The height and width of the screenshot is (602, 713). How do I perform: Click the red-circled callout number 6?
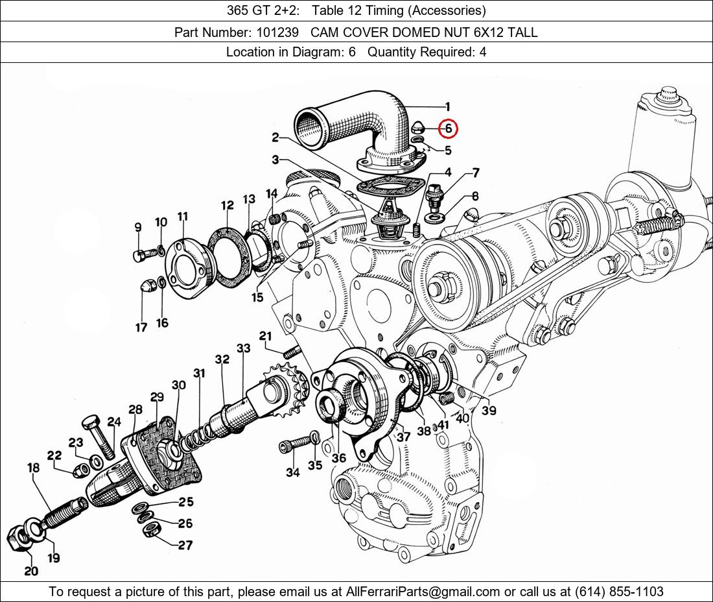tap(448, 128)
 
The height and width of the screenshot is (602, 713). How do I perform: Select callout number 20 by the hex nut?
tap(31, 571)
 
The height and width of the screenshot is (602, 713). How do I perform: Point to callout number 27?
tap(185, 545)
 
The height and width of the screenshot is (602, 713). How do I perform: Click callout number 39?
tap(489, 411)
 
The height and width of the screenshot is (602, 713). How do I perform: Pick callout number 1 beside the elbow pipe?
tap(447, 107)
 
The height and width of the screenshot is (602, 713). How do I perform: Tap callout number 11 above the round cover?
tap(182, 216)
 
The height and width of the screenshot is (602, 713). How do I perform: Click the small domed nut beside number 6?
tap(418, 126)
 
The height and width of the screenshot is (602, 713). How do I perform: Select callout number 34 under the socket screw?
tap(292, 472)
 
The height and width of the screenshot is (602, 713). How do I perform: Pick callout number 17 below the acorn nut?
tap(141, 328)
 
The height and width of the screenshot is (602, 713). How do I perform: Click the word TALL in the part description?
tap(522, 32)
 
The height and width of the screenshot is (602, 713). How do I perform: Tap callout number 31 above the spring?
tap(199, 373)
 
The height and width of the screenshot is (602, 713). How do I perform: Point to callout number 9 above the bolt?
tap(137, 227)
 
